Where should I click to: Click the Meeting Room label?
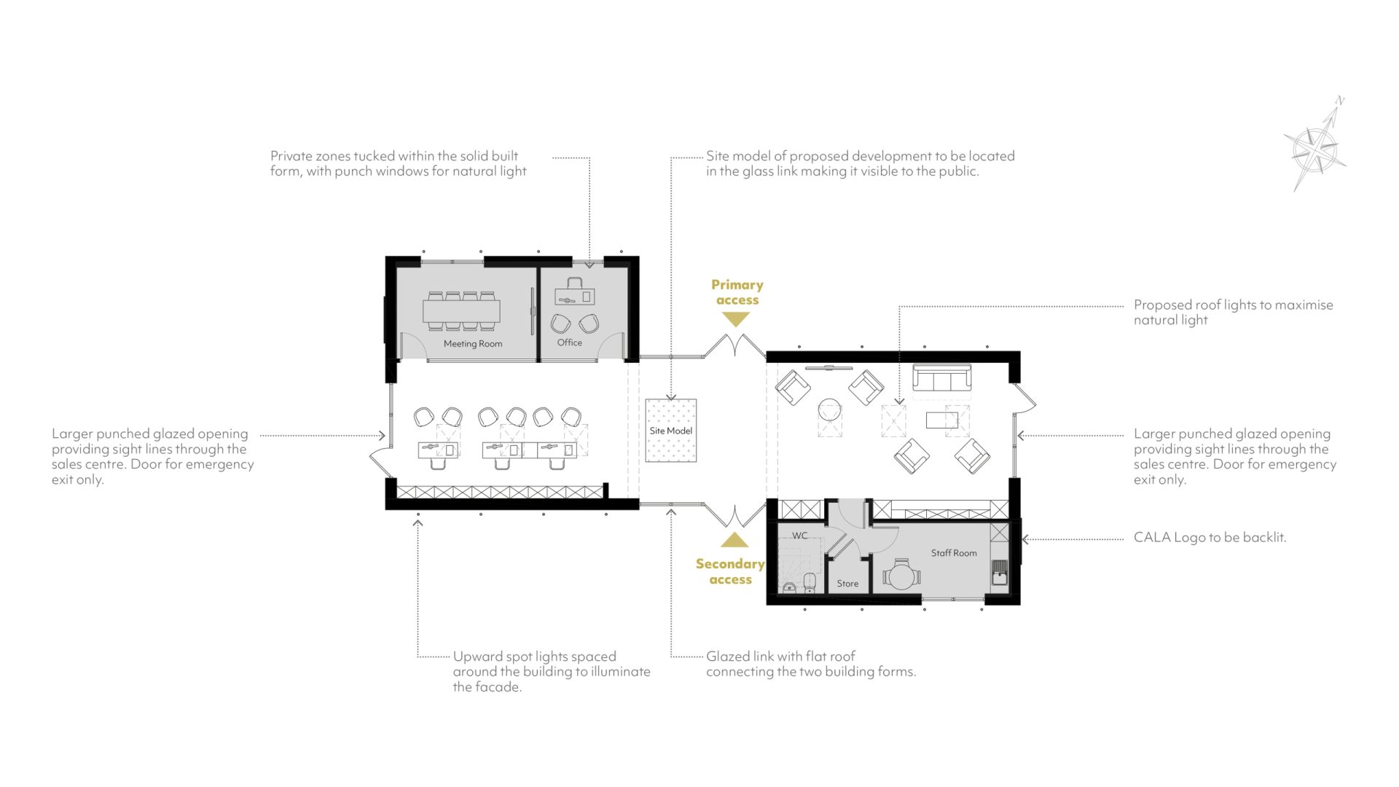tap(473, 344)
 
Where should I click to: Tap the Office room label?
tap(570, 342)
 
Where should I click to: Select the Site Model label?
tap(671, 431)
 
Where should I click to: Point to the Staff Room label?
tap(954, 553)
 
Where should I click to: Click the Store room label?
tap(847, 584)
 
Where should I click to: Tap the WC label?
tap(800, 536)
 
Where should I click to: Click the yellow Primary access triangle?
tap(736, 319)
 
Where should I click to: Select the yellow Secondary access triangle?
tap(734, 540)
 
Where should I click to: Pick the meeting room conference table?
tap(461, 311)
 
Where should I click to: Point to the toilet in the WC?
tap(809, 582)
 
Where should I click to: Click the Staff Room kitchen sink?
tap(1000, 573)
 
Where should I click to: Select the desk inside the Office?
tap(575, 296)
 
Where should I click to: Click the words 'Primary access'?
tap(737, 292)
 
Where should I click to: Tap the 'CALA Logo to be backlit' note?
tap(1210, 538)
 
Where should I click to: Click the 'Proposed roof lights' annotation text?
tap(1233, 313)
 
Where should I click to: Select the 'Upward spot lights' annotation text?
tap(552, 672)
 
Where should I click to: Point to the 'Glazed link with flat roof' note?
tap(811, 664)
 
